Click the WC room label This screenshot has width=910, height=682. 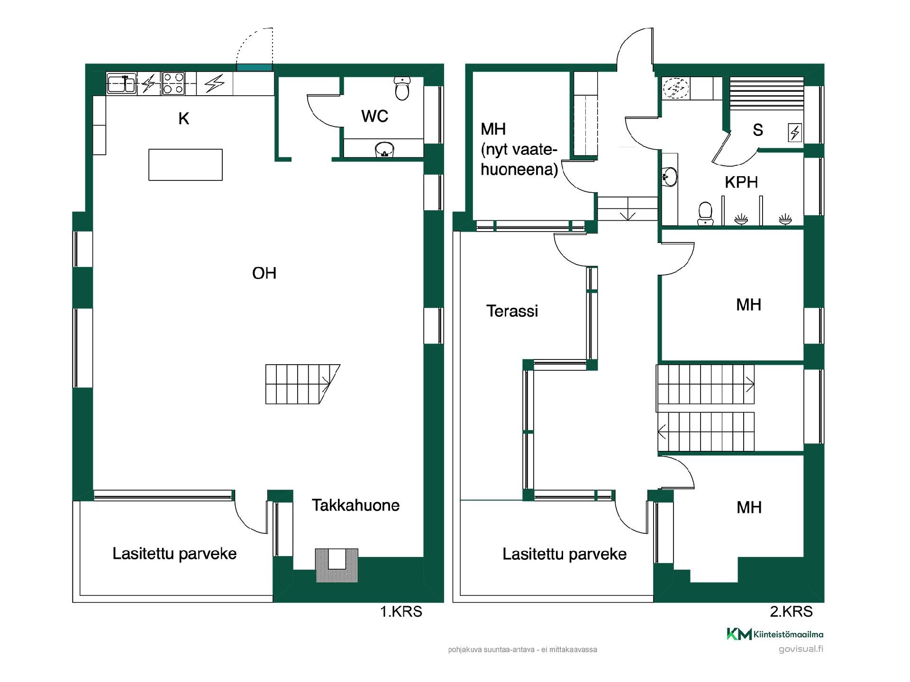tap(374, 116)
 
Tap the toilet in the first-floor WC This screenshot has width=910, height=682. tap(402, 89)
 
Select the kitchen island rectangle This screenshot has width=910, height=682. tap(185, 165)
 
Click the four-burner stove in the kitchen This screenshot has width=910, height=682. tap(173, 83)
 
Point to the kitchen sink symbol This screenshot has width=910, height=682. tap(122, 84)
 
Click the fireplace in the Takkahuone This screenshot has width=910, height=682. tap(337, 565)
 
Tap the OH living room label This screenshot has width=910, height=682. tap(264, 273)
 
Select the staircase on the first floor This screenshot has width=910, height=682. tap(302, 384)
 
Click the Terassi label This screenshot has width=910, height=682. tap(512, 311)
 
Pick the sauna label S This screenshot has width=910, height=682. tap(758, 130)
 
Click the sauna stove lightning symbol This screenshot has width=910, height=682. tap(795, 132)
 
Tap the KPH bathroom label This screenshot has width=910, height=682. tap(741, 182)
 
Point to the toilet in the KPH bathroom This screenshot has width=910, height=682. tap(705, 213)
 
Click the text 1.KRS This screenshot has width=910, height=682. tap(401, 611)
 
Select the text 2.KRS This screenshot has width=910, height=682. tap(791, 611)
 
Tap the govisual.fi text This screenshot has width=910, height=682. tap(801, 649)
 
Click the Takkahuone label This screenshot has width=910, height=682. tap(355, 505)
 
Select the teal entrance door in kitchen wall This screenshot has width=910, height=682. tap(255, 68)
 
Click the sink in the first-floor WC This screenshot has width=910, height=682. tap(384, 149)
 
